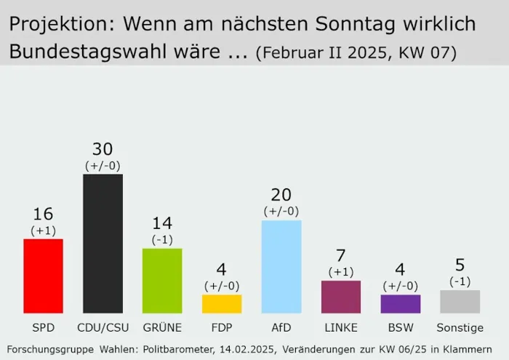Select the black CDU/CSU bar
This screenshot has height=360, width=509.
[103, 244]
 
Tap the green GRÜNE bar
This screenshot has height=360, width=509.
[162, 281]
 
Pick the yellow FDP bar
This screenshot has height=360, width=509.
[222, 303]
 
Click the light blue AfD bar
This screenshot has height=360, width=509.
[281, 266]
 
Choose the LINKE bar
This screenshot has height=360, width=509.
[341, 297]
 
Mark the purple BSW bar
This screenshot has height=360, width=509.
[401, 303]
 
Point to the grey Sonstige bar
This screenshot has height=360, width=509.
[460, 301]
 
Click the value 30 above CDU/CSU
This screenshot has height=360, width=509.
[103, 149]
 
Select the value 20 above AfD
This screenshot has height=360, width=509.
[281, 195]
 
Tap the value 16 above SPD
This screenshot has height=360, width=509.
[43, 214]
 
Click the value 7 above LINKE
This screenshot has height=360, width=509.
[341, 256]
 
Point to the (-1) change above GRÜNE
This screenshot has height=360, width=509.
[162, 239]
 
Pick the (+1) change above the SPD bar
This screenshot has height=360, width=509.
[43, 230]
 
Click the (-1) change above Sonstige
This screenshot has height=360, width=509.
[460, 281]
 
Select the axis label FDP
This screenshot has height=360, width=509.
[222, 327]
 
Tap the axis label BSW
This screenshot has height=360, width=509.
[401, 327]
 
